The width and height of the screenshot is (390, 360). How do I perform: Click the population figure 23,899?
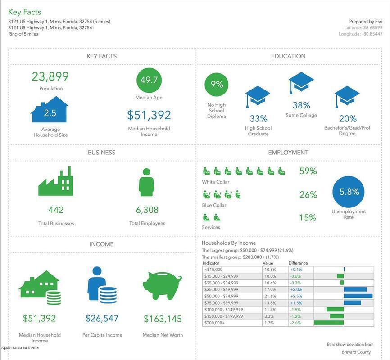[50, 76]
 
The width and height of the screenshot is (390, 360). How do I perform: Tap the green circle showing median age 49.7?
[149, 81]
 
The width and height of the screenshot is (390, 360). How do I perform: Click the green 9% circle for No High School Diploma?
[217, 85]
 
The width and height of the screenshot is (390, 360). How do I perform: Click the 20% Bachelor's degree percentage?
[347, 119]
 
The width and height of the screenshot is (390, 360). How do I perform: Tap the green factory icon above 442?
[56, 181]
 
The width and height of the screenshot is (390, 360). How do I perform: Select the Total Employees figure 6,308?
[147, 210]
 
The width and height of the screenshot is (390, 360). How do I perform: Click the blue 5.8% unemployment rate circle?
[349, 192]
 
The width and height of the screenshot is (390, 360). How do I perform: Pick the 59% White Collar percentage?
[308, 171]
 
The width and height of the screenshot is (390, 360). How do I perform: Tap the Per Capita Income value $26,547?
[102, 319]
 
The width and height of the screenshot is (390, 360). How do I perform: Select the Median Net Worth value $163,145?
[163, 319]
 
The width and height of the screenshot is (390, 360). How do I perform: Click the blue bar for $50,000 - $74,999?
[358, 296]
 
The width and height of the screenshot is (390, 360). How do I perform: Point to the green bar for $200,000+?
[329, 323]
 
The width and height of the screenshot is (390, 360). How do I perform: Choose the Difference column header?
[298, 263]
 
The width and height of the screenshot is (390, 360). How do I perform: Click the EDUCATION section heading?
[288, 56]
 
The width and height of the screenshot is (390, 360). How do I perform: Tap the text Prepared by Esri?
[366, 21]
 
